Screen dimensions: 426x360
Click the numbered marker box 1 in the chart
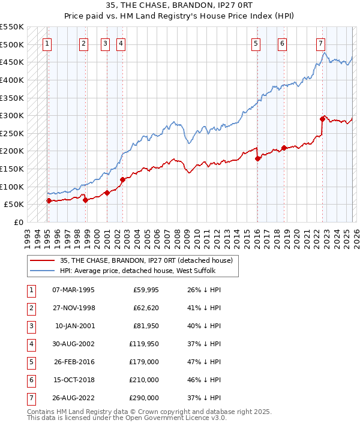47,43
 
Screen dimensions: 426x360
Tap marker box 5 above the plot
256,43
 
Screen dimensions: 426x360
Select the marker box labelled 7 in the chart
321,43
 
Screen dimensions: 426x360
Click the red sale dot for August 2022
322,119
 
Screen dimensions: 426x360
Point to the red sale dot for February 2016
257,158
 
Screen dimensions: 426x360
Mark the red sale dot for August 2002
122,179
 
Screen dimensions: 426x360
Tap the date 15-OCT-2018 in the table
73,380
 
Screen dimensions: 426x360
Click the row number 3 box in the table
31,326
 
